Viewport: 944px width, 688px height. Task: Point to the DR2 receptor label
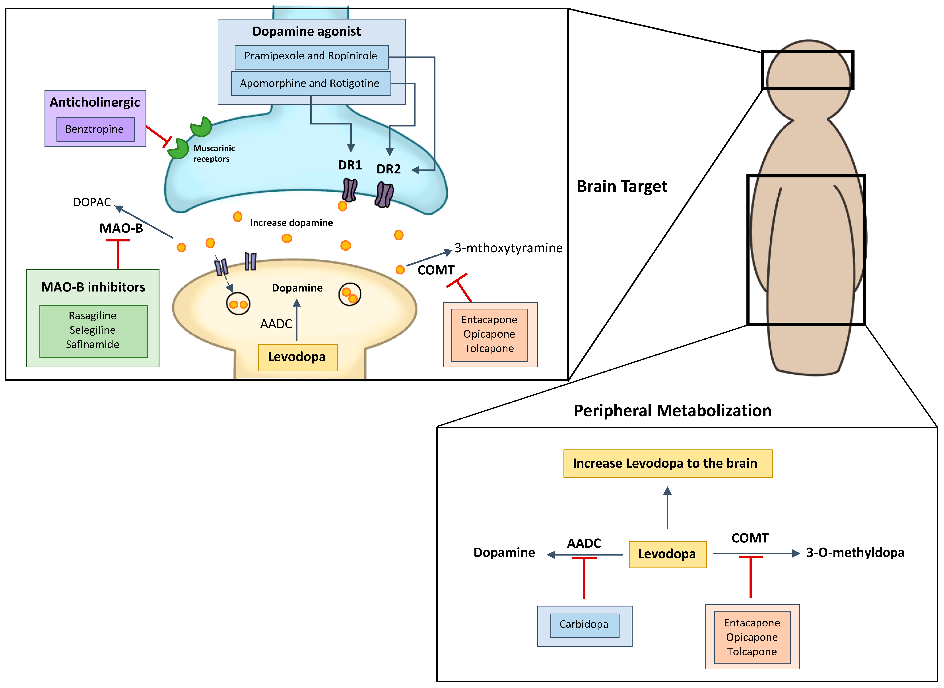coord(388,169)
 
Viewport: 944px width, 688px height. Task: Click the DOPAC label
coord(92,202)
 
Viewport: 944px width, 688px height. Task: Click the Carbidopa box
coord(584,625)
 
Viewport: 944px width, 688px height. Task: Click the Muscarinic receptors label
coord(214,154)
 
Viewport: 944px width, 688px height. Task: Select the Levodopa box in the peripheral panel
coord(667,554)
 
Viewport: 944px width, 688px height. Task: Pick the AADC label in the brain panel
coord(276,324)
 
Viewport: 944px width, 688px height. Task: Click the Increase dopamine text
coord(291,223)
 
